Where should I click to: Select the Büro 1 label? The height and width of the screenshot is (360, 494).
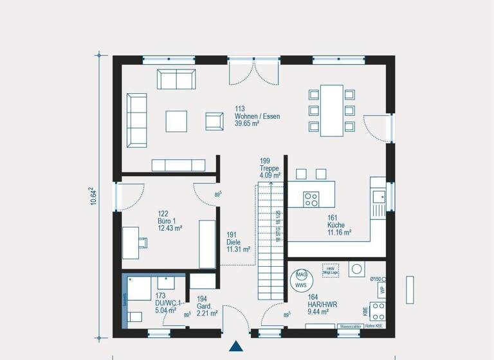pyautogui.click(x=167, y=221)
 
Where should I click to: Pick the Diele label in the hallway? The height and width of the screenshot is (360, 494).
pyautogui.click(x=233, y=242)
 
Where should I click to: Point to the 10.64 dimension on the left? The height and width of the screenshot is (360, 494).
pyautogui.click(x=93, y=196)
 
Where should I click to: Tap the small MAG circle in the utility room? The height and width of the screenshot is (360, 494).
pyautogui.click(x=300, y=274)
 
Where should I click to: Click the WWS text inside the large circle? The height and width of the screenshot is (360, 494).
pyautogui.click(x=300, y=283)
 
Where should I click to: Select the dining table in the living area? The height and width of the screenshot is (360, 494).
pyautogui.click(x=332, y=110)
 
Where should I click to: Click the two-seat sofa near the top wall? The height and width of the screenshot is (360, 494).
pyautogui.click(x=176, y=80)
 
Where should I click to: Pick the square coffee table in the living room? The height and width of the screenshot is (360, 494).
pyautogui.click(x=176, y=121)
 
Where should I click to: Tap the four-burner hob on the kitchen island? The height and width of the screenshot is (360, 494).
pyautogui.click(x=311, y=199)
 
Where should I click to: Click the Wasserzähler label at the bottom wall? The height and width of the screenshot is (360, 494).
pyautogui.click(x=350, y=327)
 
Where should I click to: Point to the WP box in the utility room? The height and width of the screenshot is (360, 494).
pyautogui.click(x=382, y=289)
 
